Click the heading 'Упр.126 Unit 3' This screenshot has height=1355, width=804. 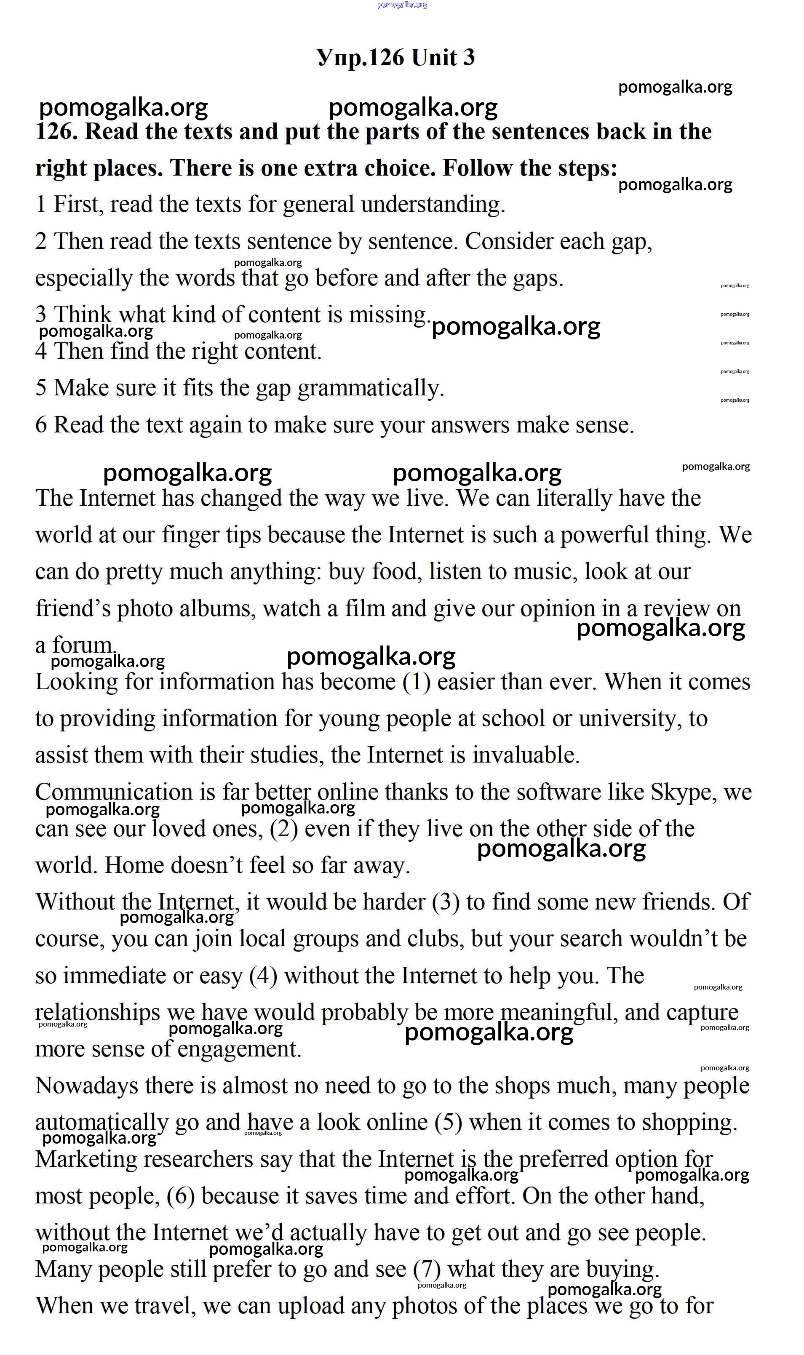coord(395,57)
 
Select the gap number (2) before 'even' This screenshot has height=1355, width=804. coord(284,829)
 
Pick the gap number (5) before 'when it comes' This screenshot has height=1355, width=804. coord(448,1122)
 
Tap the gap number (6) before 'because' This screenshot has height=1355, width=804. coord(180,1196)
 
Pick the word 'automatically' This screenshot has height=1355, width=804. coord(102,1122)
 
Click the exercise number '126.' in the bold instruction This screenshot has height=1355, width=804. coord(56,132)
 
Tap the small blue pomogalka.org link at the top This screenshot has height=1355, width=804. coord(402,5)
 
